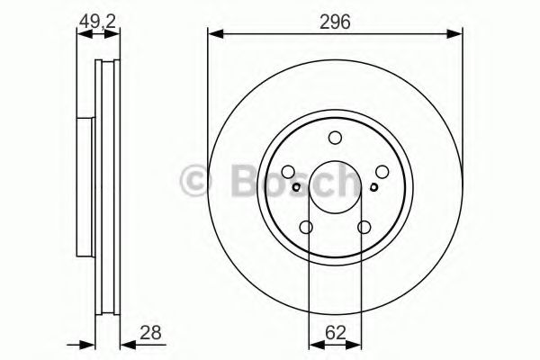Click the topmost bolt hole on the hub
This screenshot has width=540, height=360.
[x=335, y=138]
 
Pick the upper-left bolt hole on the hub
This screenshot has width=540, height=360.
[x=288, y=172]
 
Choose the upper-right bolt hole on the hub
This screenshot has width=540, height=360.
[x=382, y=172]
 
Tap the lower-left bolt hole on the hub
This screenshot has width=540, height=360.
[x=306, y=228]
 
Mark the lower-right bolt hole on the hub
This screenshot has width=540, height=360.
[x=364, y=228]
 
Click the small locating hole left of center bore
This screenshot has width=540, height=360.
[x=297, y=188]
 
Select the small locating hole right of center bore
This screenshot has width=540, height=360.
[x=373, y=188]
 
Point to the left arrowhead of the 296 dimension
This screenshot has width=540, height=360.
[x=213, y=34]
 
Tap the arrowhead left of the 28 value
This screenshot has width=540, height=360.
[x=127, y=342]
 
